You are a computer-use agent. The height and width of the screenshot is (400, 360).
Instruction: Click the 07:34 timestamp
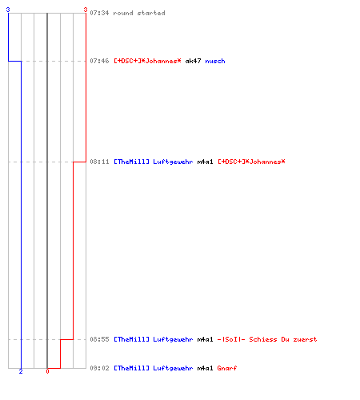click(99, 13)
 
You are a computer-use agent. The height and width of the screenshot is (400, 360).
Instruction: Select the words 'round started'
click(139, 13)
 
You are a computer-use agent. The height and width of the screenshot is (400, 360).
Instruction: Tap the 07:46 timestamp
click(99, 61)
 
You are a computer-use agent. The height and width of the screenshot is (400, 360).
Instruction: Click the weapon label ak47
click(193, 61)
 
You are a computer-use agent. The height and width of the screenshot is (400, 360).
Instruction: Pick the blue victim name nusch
click(215, 61)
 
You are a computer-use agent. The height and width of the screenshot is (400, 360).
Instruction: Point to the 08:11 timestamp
click(99, 162)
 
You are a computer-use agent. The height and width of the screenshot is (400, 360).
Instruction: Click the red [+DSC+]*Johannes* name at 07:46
click(147, 61)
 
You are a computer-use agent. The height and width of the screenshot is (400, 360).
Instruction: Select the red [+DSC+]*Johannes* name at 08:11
click(251, 162)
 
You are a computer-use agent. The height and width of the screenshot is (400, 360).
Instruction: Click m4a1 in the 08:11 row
click(205, 162)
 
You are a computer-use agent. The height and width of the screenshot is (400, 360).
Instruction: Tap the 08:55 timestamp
click(99, 339)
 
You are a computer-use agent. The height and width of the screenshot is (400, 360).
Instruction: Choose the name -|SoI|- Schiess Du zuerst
click(267, 339)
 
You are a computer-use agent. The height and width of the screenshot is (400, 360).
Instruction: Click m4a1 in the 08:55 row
click(205, 339)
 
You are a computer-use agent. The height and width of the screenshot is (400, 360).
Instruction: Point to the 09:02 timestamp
click(99, 368)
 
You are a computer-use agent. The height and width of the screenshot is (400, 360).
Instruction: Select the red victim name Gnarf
click(227, 368)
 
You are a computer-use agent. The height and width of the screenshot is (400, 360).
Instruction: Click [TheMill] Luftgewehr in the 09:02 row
click(154, 368)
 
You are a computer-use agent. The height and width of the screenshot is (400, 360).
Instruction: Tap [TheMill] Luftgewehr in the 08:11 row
click(154, 162)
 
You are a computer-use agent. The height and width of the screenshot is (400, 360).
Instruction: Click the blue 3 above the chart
click(8, 10)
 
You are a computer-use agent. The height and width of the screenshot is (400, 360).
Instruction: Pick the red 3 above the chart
click(86, 10)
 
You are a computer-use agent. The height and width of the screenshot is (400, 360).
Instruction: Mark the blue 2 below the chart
click(21, 371)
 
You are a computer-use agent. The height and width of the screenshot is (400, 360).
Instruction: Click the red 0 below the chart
click(47, 371)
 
